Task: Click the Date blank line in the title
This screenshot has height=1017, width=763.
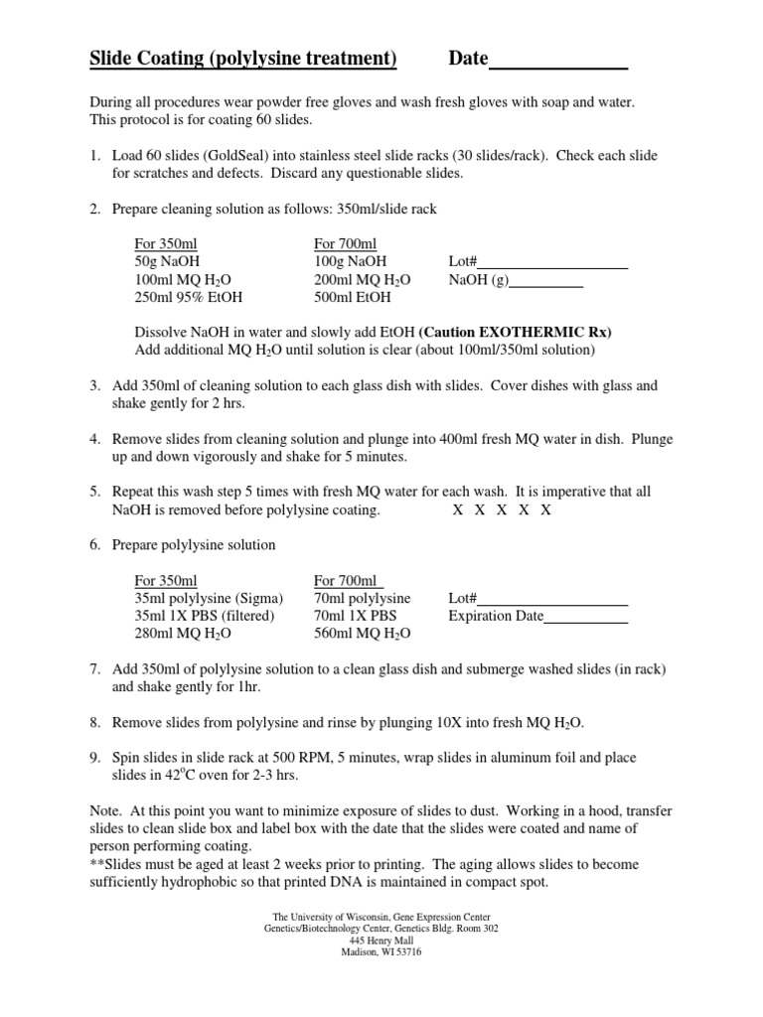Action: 558,62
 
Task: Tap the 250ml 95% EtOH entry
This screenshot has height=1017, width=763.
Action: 189,297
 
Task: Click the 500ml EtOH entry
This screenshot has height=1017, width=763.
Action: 353,297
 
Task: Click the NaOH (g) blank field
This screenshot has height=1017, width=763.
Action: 545,281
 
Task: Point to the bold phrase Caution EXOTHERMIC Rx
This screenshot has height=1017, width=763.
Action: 515,333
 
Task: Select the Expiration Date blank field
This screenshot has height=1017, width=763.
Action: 586,617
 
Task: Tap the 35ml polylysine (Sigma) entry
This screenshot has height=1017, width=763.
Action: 209,599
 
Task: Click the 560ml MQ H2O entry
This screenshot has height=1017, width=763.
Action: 363,633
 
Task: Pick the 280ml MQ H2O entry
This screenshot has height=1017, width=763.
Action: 183,633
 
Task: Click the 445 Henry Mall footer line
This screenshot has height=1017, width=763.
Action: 381,940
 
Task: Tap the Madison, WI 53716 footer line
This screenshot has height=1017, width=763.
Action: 381,950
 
